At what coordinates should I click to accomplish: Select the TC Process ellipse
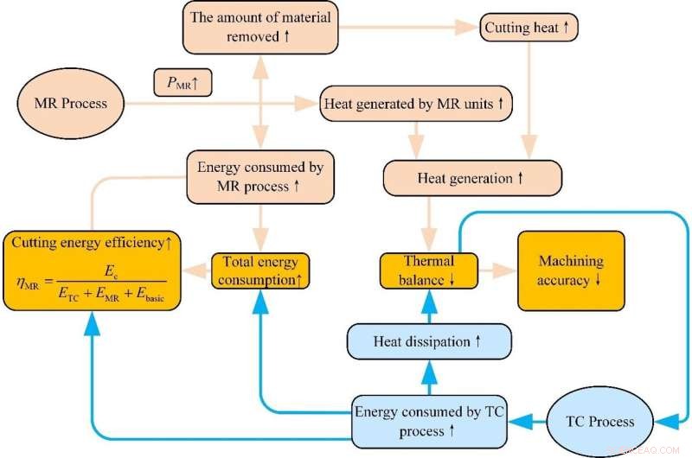point(599,422)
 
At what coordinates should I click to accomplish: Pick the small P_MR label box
point(182,83)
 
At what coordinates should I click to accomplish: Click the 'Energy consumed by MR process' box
point(260,176)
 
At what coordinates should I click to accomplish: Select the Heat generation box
point(472,179)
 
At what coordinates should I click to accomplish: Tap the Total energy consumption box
point(260,270)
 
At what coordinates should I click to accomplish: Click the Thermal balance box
point(429,270)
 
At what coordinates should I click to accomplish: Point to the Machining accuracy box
point(571,270)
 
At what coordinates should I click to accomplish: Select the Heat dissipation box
point(429,341)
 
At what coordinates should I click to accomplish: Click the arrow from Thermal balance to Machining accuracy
point(497,270)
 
